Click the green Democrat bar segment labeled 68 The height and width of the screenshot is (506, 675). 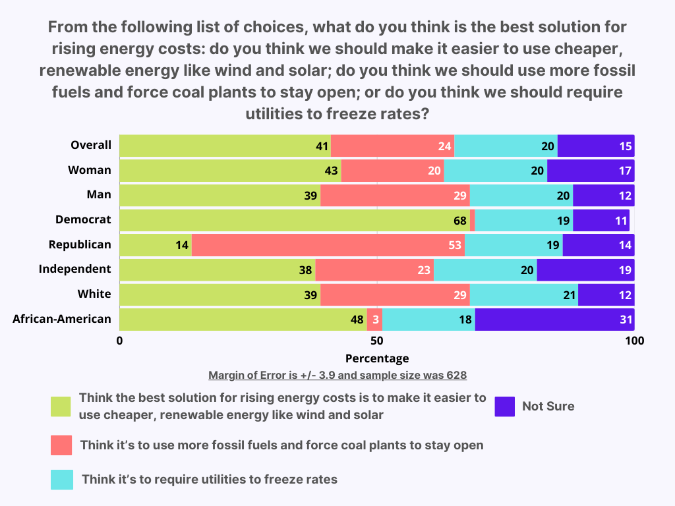coord(295,220)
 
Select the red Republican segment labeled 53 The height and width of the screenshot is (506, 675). coord(328,245)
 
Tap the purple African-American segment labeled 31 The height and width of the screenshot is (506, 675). coord(554,320)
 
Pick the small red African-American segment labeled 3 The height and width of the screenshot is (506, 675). coord(374,320)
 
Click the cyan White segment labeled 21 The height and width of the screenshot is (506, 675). coord(524,295)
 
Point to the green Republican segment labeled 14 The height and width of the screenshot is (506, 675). coord(156,245)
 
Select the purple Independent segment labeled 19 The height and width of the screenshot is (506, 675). coord(585,269)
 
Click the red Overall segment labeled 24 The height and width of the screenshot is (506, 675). coord(392,146)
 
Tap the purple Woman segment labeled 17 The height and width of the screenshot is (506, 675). coord(591,171)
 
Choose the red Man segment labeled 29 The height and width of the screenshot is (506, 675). coord(395,196)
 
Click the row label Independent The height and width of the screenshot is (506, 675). coord(75,269)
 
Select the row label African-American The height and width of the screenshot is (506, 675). coord(62,319)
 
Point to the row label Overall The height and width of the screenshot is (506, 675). coord(91,145)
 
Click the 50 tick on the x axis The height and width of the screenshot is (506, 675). coord(377,341)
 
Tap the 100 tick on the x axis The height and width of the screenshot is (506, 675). coord(634,341)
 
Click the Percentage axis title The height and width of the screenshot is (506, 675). coord(377,358)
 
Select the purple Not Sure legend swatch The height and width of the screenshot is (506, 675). coord(505,407)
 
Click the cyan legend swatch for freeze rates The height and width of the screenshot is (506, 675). coord(61,480)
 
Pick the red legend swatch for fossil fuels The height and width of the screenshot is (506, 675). coord(61,445)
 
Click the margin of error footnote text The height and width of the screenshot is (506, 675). coord(337,376)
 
